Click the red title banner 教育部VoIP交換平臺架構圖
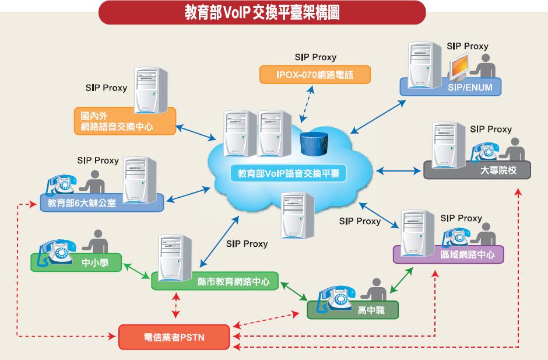[262, 12]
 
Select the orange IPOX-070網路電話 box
[314, 75]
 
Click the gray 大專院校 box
[478, 170]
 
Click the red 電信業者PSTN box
[174, 337]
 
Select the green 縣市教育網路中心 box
[216, 282]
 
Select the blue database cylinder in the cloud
[312, 143]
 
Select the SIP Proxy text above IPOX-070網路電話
[315, 57]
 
